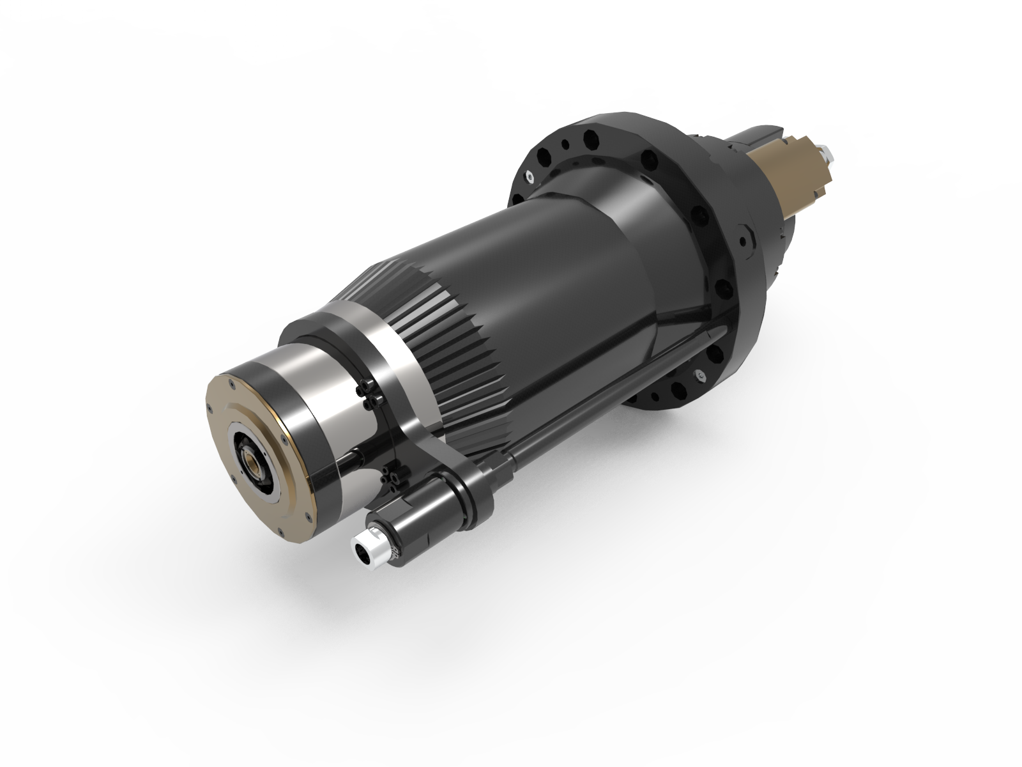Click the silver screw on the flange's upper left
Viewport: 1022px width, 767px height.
530,174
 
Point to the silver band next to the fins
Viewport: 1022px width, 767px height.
383,358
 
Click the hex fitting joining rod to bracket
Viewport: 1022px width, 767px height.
501,460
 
